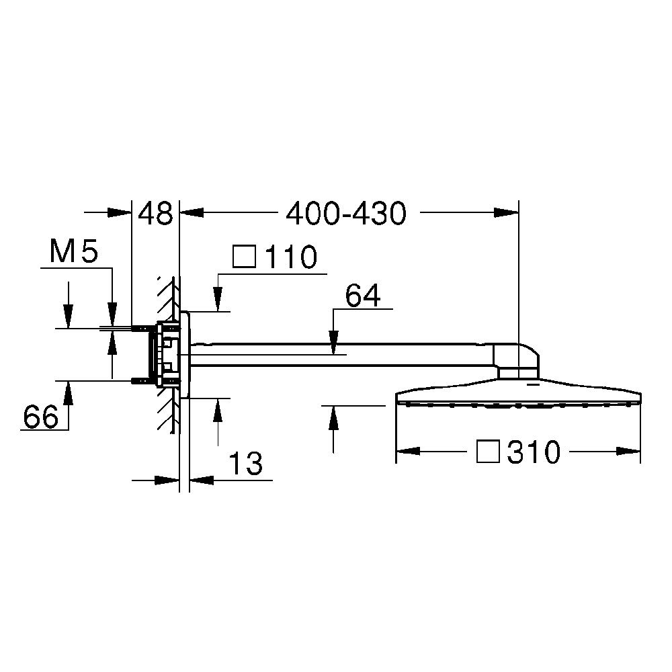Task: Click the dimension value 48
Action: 155,214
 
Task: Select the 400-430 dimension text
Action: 346,214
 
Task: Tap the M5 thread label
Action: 74,251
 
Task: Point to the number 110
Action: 292,257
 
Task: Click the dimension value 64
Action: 363,295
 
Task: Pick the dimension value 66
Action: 41,417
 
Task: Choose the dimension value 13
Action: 245,463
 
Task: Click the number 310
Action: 534,452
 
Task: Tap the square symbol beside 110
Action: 245,256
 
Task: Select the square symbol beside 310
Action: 488,452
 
